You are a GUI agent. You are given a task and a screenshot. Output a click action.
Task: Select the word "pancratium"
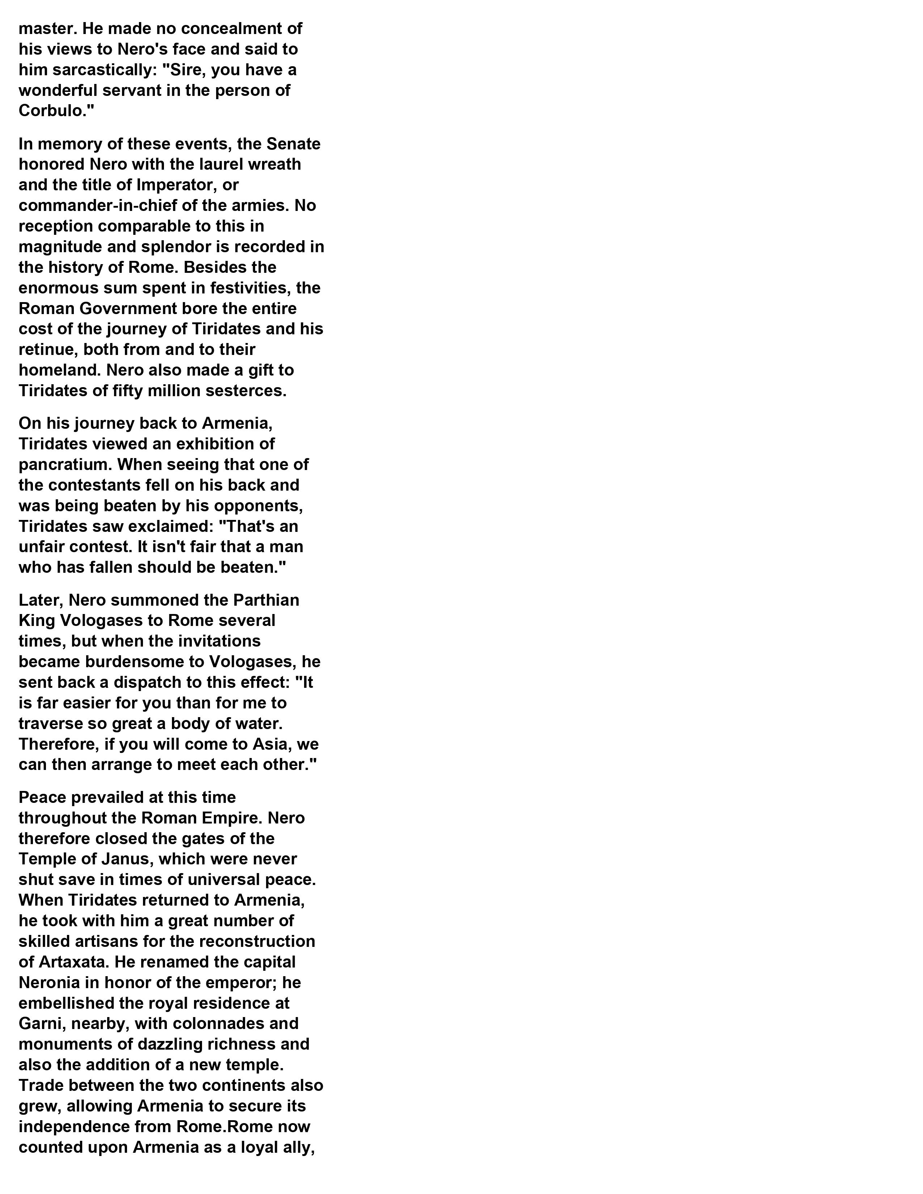65,465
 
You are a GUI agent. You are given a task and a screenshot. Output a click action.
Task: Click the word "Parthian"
266,600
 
